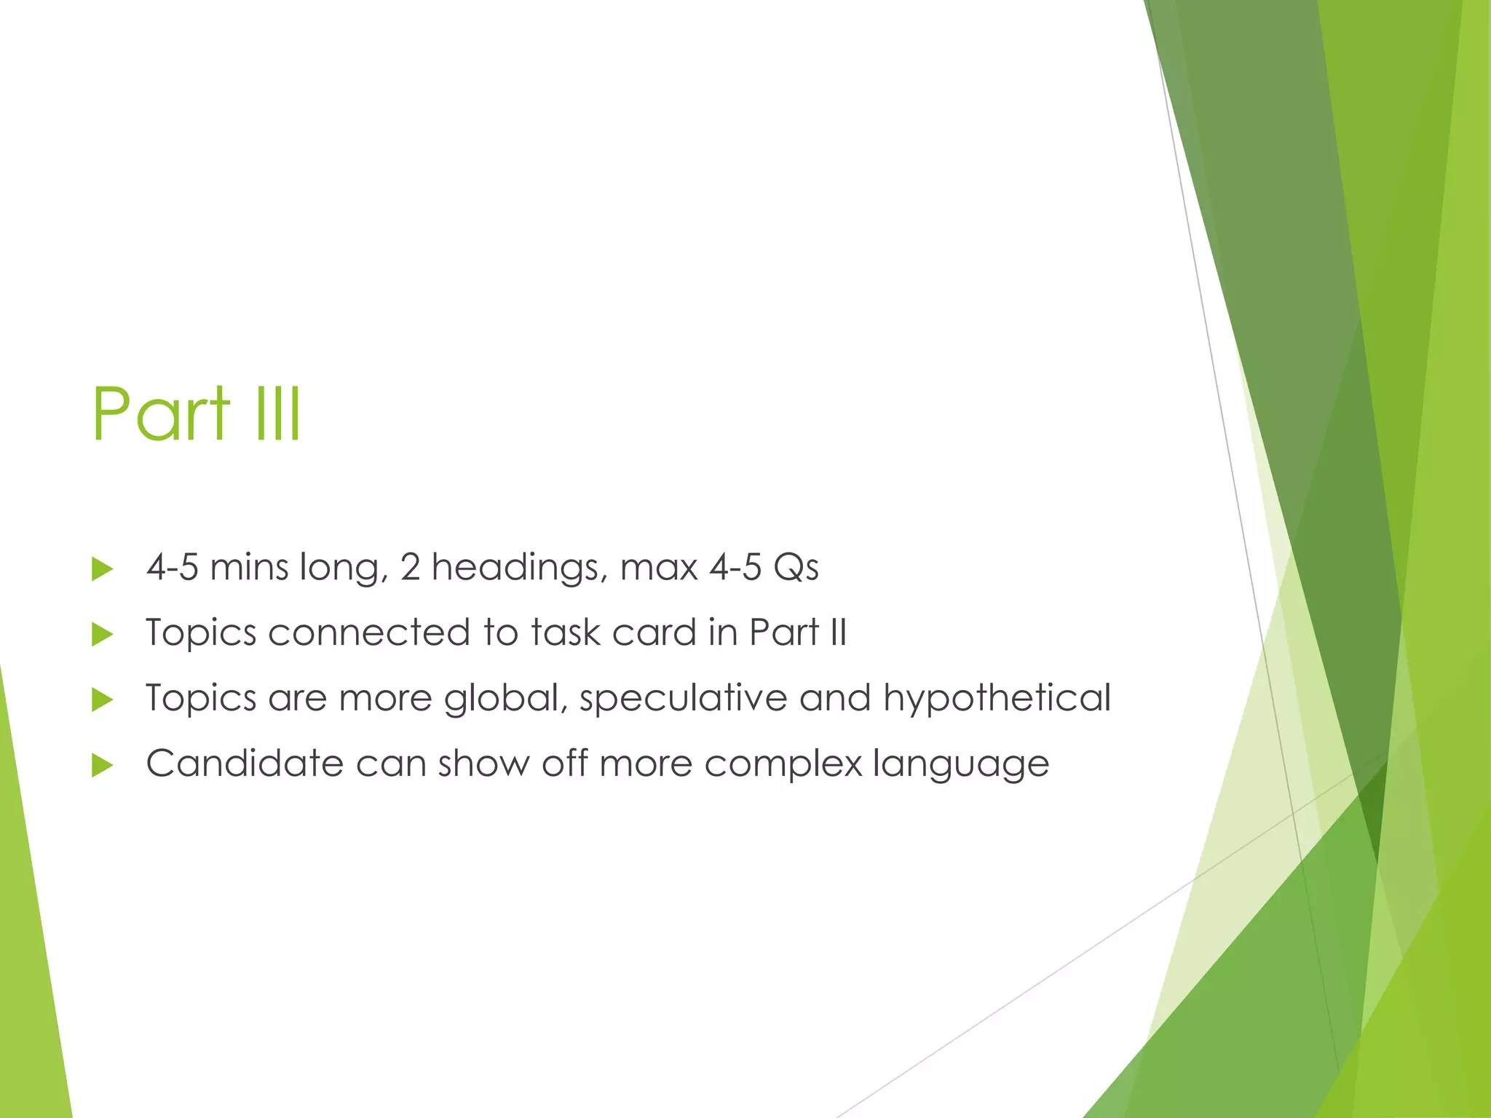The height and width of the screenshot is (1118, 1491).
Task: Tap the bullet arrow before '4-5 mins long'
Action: [x=103, y=568]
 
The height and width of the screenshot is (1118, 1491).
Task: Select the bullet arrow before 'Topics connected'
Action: [x=103, y=634]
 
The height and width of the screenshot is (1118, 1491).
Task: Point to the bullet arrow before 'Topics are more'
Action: [x=103, y=699]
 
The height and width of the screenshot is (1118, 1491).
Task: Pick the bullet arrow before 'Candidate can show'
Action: [x=103, y=765]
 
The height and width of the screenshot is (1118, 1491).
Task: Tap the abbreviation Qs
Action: [x=796, y=567]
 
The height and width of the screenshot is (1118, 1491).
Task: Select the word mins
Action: [x=249, y=567]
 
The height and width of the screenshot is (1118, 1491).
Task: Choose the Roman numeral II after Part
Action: [x=838, y=632]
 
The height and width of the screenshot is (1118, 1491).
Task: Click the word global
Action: [x=505, y=697]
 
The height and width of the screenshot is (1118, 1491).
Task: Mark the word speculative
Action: [x=683, y=697]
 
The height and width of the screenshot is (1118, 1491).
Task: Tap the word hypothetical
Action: [x=997, y=697]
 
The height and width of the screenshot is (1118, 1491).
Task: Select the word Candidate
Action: [x=245, y=763]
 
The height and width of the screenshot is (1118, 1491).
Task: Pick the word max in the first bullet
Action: [x=659, y=567]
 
